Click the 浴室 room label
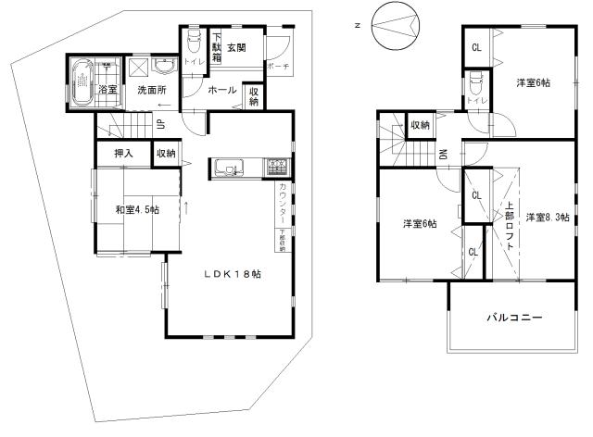click(107, 90)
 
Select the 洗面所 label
click(151, 91)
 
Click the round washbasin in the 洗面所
click(166, 68)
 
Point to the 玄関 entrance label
click(236, 46)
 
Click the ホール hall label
click(221, 91)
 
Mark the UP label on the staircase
click(161, 125)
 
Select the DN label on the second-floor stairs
click(443, 156)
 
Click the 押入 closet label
click(123, 153)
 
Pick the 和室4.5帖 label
click(137, 210)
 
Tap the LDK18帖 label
click(232, 275)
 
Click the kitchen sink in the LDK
click(228, 168)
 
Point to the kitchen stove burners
click(277, 168)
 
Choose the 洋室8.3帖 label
click(547, 217)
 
